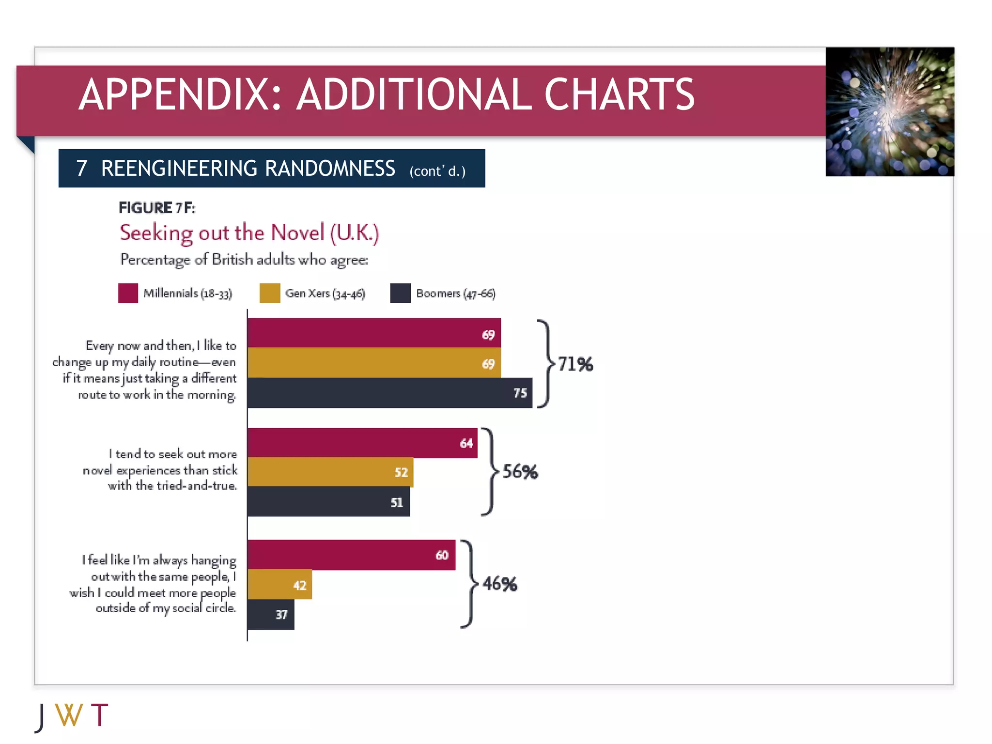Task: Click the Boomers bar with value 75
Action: [389, 393]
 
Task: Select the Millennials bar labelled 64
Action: [362, 443]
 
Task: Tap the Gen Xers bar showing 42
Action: [279, 585]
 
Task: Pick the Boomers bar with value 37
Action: [271, 614]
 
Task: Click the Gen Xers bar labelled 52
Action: [330, 472]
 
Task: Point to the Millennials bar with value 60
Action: [351, 555]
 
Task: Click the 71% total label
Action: [575, 364]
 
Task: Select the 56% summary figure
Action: [520, 471]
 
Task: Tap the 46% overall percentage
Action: [499, 584]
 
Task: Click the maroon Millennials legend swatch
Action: [128, 293]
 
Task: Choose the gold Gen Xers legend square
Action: [270, 293]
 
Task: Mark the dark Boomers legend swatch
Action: [400, 293]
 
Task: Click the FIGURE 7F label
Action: [156, 208]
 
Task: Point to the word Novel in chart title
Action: [297, 233]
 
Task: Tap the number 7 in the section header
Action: [82, 169]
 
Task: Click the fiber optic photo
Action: [890, 112]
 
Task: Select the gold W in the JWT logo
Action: [69, 715]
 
